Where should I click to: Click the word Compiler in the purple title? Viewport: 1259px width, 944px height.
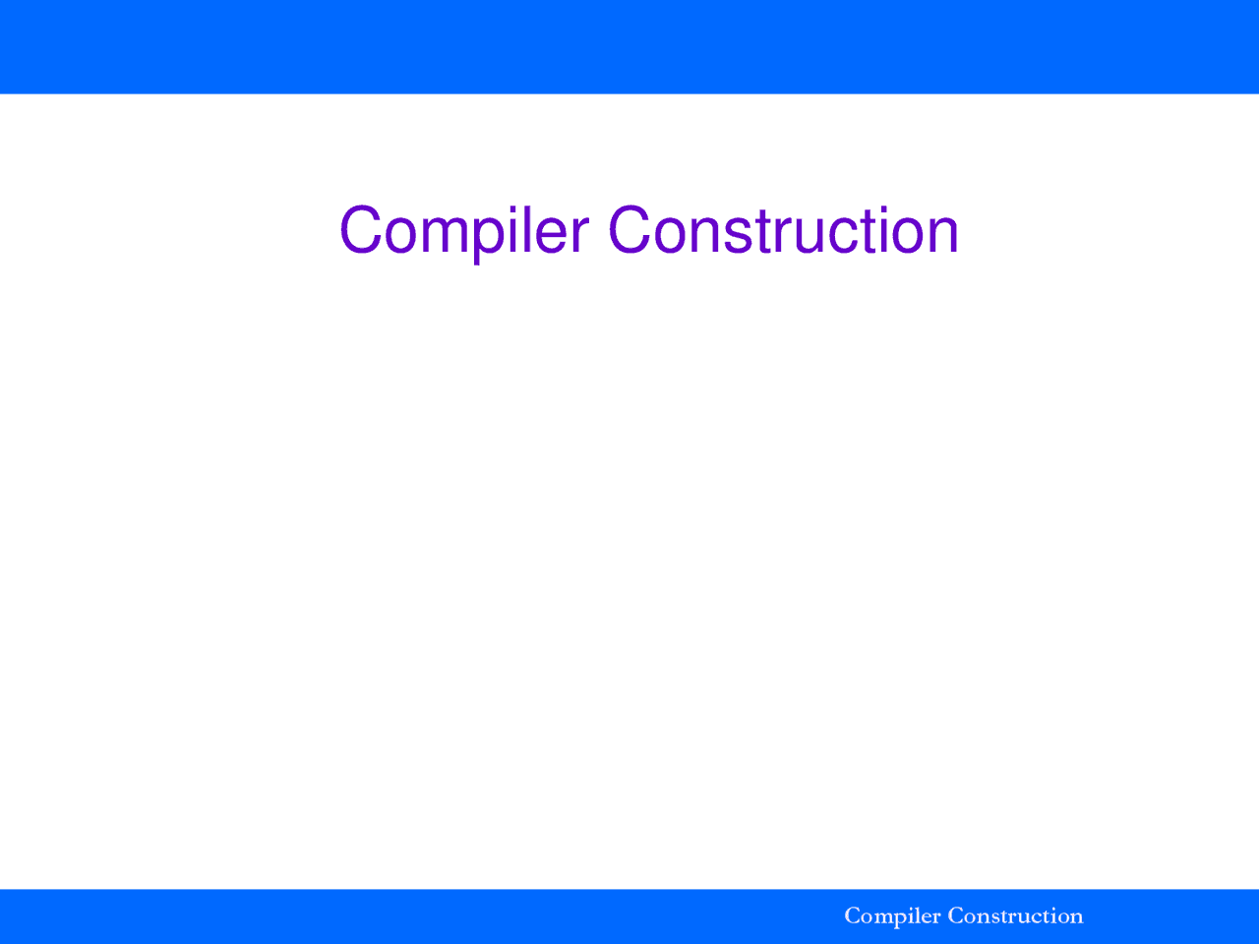[464, 231]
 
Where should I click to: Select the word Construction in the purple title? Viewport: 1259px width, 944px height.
[784, 229]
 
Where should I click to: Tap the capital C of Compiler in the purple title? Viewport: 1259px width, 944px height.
[361, 229]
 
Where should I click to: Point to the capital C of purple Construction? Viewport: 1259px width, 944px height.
[629, 229]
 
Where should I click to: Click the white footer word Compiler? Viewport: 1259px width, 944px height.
[892, 916]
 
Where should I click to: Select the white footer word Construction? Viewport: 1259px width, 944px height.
[1016, 915]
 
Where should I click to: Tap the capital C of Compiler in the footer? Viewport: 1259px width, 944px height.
[853, 915]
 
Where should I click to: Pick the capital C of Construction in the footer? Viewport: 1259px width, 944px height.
[957, 915]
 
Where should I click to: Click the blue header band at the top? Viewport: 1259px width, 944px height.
[629, 46]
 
